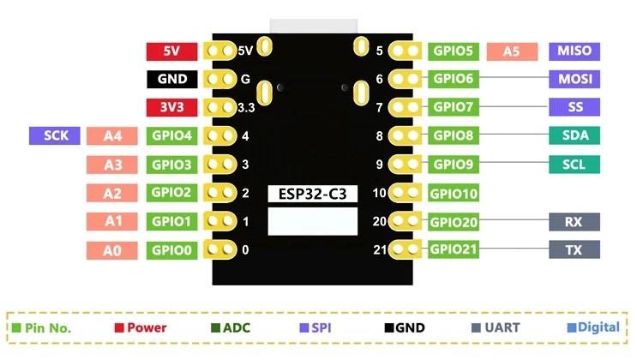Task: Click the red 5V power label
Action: coord(171,51)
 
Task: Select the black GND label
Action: coord(171,80)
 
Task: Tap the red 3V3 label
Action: coord(171,108)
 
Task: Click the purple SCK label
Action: coord(55,135)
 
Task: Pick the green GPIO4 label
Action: coord(172,135)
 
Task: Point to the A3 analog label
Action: coord(112,165)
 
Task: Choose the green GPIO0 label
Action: coord(172,250)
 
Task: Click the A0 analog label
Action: coord(112,250)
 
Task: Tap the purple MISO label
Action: coord(574,51)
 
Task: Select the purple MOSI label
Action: coord(574,80)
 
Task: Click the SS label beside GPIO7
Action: coord(574,108)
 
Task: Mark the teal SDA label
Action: coord(574,135)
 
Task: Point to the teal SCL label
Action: coord(574,165)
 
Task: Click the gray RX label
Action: coord(574,222)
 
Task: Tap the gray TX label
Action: coord(574,250)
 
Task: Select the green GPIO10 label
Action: coord(454,194)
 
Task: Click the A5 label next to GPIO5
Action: coord(512,51)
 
